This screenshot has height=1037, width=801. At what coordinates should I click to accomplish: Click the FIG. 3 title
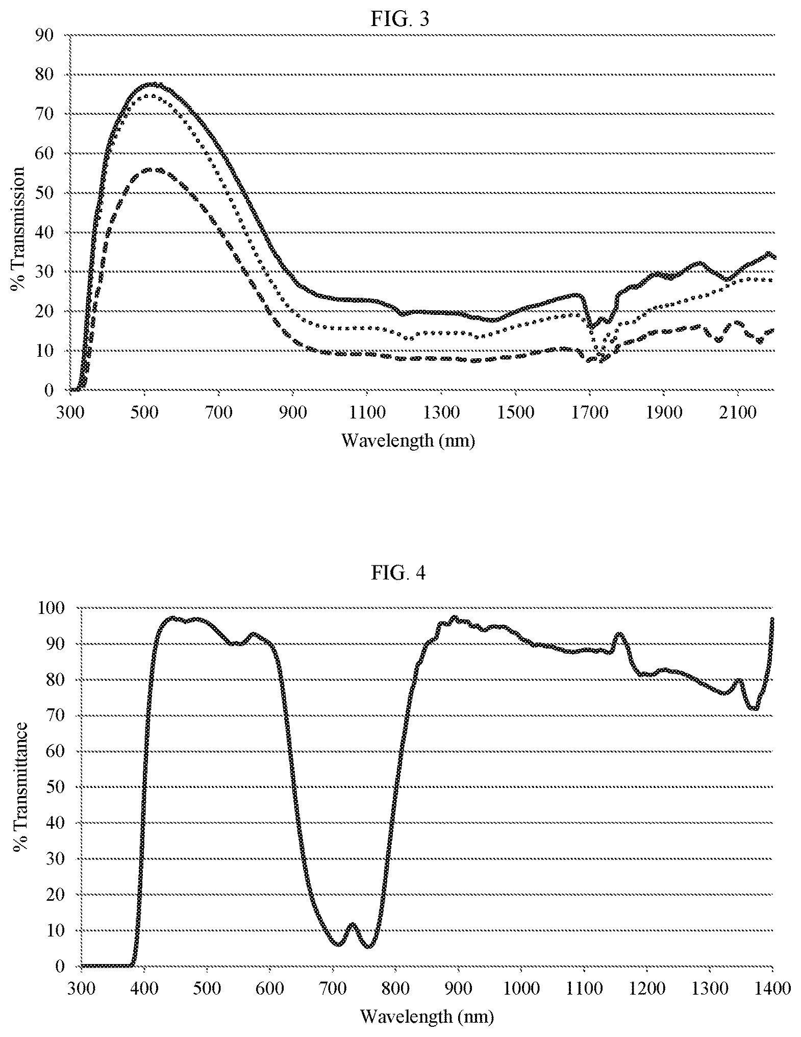[x=400, y=19]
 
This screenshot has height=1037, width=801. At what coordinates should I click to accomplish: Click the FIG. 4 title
[x=398, y=573]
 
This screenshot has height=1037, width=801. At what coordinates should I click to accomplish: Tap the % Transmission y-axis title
[x=18, y=228]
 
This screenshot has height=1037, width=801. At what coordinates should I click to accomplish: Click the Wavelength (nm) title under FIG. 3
[x=408, y=440]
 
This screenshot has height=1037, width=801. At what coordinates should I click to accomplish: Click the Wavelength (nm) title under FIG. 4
[x=427, y=1016]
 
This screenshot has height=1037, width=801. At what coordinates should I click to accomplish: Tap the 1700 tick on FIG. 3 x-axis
[x=589, y=412]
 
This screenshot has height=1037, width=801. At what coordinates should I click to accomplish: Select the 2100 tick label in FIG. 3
[x=738, y=412]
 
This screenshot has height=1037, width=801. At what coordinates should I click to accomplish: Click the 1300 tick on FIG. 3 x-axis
[x=441, y=412]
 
